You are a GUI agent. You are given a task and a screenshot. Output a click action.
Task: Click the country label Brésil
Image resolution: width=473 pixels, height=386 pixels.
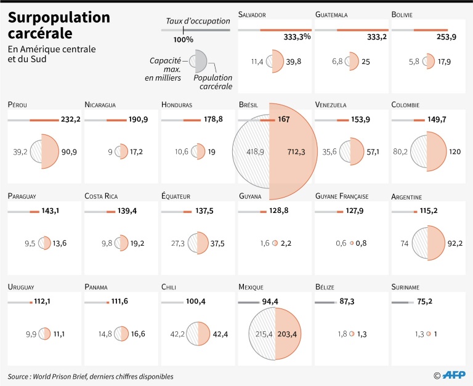248,105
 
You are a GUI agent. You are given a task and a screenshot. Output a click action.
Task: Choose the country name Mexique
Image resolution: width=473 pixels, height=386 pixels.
251,287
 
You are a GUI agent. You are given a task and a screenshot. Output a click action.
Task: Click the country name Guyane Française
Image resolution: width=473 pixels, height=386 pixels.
341,196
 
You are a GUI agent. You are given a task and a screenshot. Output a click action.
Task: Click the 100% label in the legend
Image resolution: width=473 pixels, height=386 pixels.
183,39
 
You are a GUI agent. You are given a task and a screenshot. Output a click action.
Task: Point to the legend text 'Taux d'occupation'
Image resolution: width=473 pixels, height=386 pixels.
197,22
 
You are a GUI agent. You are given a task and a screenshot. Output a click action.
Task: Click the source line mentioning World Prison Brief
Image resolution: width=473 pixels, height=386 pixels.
91,376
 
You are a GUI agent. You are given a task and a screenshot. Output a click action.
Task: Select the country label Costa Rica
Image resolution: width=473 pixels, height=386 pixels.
101,196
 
